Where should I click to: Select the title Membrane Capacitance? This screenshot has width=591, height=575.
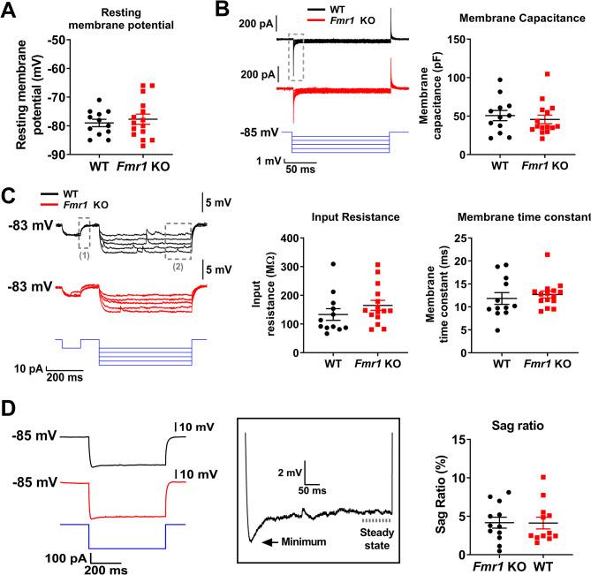coord(507,18)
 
